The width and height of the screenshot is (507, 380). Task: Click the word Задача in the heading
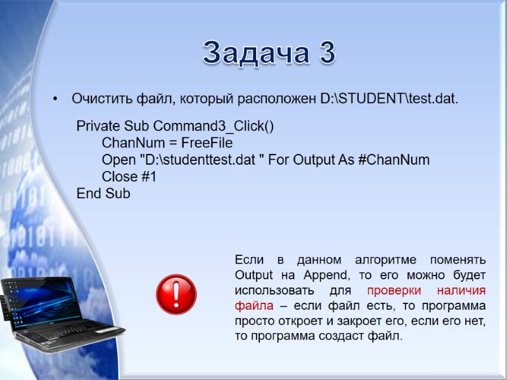(253, 53)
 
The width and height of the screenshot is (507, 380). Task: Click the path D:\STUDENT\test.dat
(388, 99)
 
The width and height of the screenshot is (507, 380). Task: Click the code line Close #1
(129, 177)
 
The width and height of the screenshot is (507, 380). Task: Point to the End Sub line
(103, 194)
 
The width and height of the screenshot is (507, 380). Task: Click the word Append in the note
(324, 275)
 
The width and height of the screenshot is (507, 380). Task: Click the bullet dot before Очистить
(56, 99)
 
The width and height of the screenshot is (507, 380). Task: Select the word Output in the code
(314, 160)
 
